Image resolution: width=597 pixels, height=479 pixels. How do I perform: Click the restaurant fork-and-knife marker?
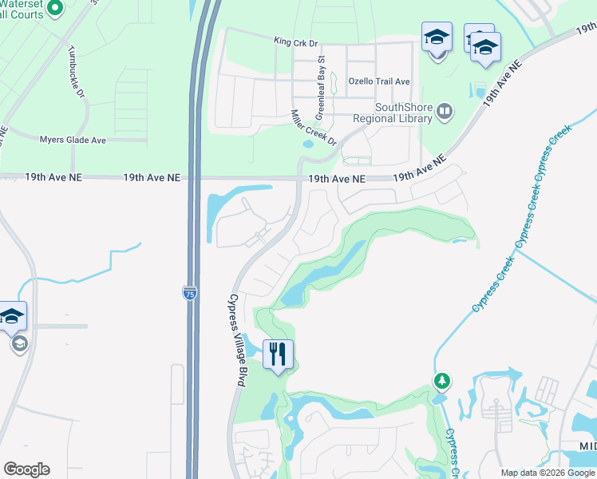tap(278, 354)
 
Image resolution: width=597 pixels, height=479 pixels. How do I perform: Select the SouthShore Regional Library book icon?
tap(445, 111)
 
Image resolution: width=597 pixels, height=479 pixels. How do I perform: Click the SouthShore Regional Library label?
tap(404, 113)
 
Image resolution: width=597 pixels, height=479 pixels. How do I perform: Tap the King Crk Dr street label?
tap(295, 41)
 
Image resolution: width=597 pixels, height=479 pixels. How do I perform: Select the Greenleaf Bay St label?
tap(322, 82)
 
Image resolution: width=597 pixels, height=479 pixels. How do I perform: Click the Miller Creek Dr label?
tap(314, 128)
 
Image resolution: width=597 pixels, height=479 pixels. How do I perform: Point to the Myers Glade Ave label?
tap(73, 140)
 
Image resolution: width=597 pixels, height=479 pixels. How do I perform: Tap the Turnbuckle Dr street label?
tap(77, 70)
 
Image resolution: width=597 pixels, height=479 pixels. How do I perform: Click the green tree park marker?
tap(441, 381)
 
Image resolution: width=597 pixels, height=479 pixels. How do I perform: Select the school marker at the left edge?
tap(12, 317)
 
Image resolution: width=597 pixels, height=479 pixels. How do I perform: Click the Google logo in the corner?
tap(26, 469)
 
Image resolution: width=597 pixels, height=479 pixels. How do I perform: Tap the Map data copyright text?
tap(547, 472)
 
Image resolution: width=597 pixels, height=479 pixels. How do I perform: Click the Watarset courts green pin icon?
tap(54, 9)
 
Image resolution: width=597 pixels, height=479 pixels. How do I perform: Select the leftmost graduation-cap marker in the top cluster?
tap(437, 38)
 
